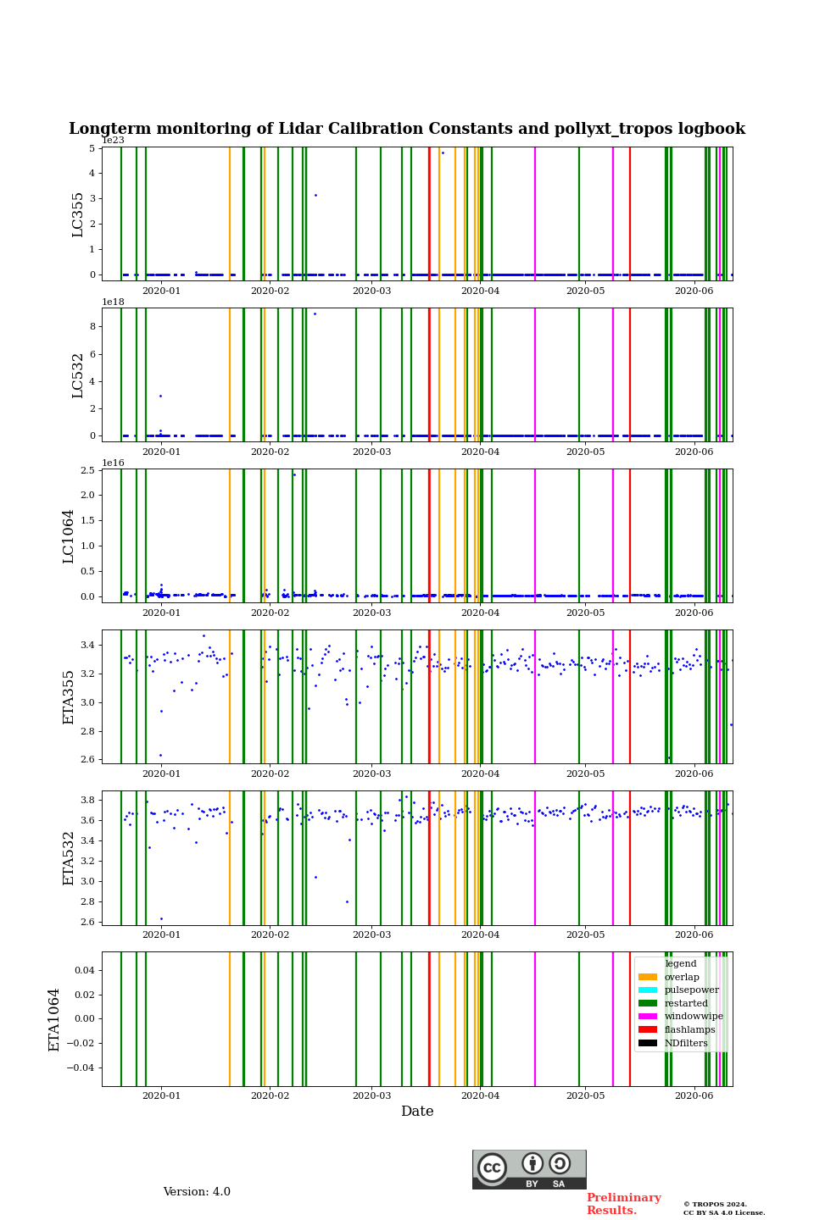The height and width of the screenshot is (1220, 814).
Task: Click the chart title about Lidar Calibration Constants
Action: click(x=407, y=129)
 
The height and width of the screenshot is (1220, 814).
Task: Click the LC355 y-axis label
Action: click(x=78, y=214)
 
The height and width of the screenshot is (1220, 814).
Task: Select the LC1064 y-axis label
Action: click(x=69, y=536)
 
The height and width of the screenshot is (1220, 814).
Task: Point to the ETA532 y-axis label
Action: click(x=69, y=858)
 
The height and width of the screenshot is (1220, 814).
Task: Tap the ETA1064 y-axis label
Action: click(x=54, y=1019)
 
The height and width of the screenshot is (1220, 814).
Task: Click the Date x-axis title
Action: click(x=417, y=1112)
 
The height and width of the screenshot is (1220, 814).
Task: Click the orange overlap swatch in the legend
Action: click(x=648, y=977)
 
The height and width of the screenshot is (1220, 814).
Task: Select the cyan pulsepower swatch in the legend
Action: click(x=648, y=990)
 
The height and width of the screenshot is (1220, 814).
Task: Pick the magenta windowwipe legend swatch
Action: click(x=648, y=1017)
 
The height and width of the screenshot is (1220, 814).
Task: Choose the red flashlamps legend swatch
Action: click(x=648, y=1030)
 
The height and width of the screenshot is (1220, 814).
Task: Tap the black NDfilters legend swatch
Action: click(x=648, y=1043)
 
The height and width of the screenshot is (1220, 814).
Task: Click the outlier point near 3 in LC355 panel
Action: click(x=315, y=195)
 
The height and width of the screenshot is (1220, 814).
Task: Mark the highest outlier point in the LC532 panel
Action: click(x=315, y=313)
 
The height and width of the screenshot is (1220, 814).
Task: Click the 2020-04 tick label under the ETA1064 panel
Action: click(x=480, y=1095)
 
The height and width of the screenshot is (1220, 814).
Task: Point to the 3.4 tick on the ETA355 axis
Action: click(x=86, y=646)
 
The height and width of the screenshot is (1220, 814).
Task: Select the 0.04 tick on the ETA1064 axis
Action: click(x=84, y=970)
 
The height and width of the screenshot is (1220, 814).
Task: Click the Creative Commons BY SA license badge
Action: click(x=529, y=1169)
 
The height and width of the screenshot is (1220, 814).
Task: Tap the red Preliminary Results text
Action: click(x=623, y=1204)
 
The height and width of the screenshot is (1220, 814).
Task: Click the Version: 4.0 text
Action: click(x=197, y=1192)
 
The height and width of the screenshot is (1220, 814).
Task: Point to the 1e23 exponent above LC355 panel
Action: click(x=113, y=141)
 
